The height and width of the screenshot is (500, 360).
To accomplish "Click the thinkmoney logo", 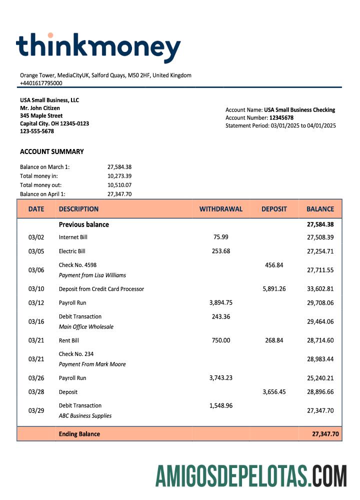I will (x=98, y=48).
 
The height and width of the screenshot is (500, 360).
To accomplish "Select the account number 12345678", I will (x=281, y=117).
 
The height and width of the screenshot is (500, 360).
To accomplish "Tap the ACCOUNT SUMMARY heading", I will (x=52, y=151).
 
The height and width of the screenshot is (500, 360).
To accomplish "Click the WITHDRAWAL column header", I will (x=221, y=209).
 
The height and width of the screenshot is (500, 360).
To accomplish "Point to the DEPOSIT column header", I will (x=274, y=209).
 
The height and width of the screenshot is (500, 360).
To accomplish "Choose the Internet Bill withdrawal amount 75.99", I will (x=221, y=237).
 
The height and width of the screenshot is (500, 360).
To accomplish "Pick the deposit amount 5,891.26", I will (x=274, y=288).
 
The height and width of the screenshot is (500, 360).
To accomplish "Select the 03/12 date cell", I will (x=36, y=302).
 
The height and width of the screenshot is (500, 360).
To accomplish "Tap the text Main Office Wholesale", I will (x=86, y=326).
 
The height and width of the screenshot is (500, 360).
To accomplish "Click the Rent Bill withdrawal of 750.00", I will (x=221, y=340).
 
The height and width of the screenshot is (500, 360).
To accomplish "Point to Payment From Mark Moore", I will (x=92, y=364).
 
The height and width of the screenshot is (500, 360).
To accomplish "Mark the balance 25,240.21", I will (x=320, y=378).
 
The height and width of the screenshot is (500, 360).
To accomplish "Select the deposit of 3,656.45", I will (x=274, y=392).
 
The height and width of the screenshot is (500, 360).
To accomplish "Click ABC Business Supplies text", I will (x=85, y=415).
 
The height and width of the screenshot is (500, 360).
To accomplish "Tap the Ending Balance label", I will (x=79, y=434).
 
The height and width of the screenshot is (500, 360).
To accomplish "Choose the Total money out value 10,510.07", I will (x=119, y=185).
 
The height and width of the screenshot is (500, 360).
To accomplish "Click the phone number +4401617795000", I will (x=41, y=83).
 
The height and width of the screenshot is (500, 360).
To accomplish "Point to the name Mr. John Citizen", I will (x=40, y=108).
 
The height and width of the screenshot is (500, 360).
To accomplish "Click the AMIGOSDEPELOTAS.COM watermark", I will (x=251, y=475).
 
